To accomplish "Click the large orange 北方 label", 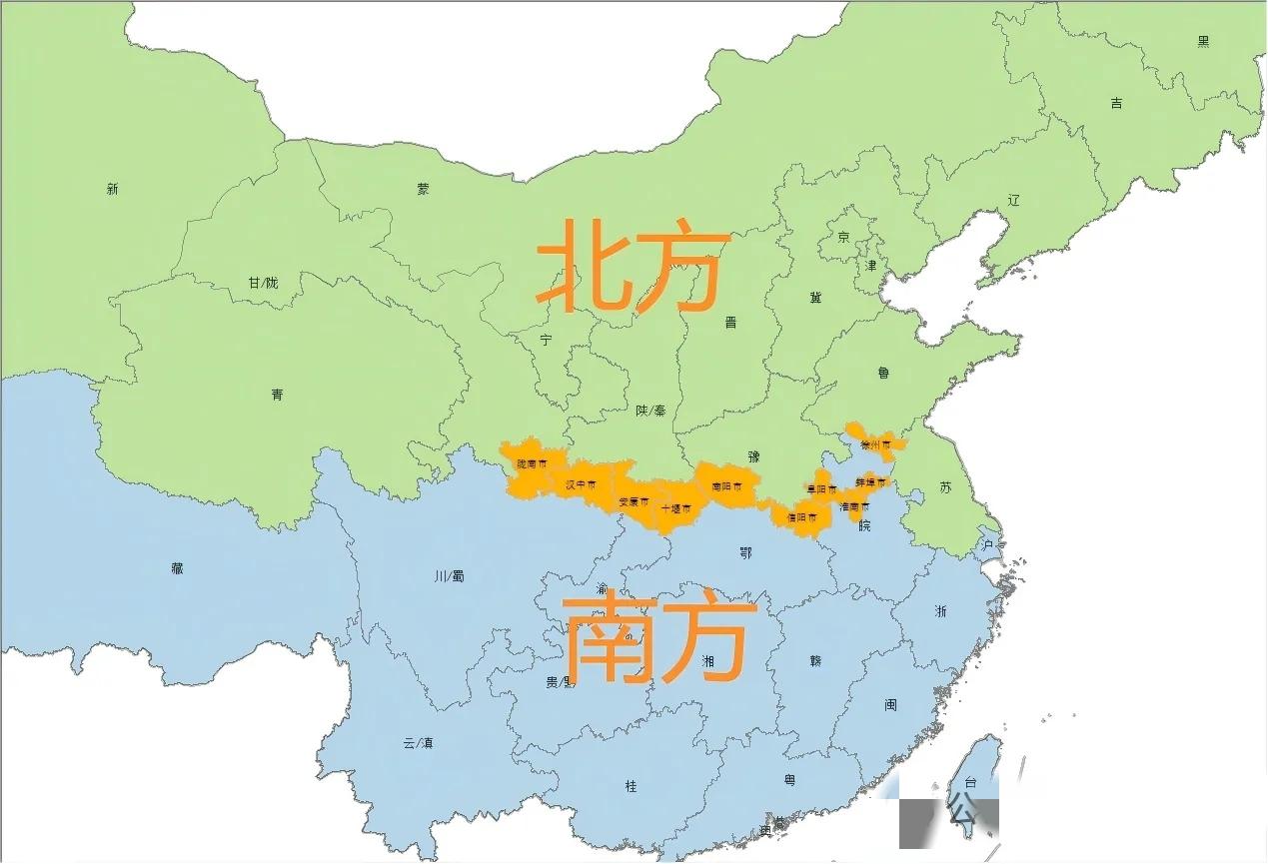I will click(629, 264).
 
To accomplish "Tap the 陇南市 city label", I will click(532, 464).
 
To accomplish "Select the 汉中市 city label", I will click(581, 484).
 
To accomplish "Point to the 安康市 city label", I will click(634, 501).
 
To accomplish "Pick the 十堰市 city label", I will click(675, 508).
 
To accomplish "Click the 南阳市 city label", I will click(726, 486).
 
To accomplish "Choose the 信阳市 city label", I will click(801, 517).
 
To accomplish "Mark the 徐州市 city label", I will click(875, 443).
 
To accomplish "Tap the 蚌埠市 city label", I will click(870, 482).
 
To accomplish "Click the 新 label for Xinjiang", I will click(112, 189).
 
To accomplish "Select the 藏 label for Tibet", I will click(177, 568).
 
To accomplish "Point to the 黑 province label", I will click(1203, 41).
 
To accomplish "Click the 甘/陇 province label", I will click(263, 283).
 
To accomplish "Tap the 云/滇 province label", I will click(418, 743).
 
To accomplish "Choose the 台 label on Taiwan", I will click(968, 783).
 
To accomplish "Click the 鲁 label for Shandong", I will click(883, 373).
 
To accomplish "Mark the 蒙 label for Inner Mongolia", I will click(424, 189).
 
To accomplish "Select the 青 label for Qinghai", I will click(277, 395).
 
